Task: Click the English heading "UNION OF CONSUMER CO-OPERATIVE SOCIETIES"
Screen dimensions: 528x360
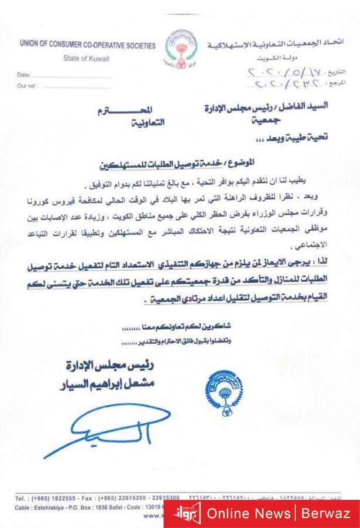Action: coord(87,45)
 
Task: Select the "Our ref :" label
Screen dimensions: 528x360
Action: coord(27,85)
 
